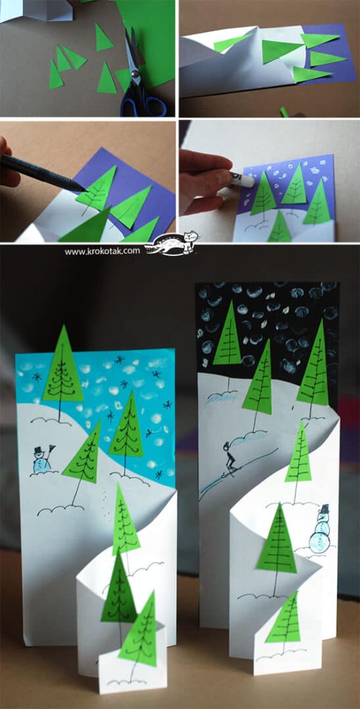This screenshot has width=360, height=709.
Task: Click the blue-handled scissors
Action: (x=139, y=79)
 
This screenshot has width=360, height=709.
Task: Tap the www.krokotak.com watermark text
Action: (x=102, y=251)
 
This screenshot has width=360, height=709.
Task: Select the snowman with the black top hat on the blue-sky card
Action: (x=42, y=460)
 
